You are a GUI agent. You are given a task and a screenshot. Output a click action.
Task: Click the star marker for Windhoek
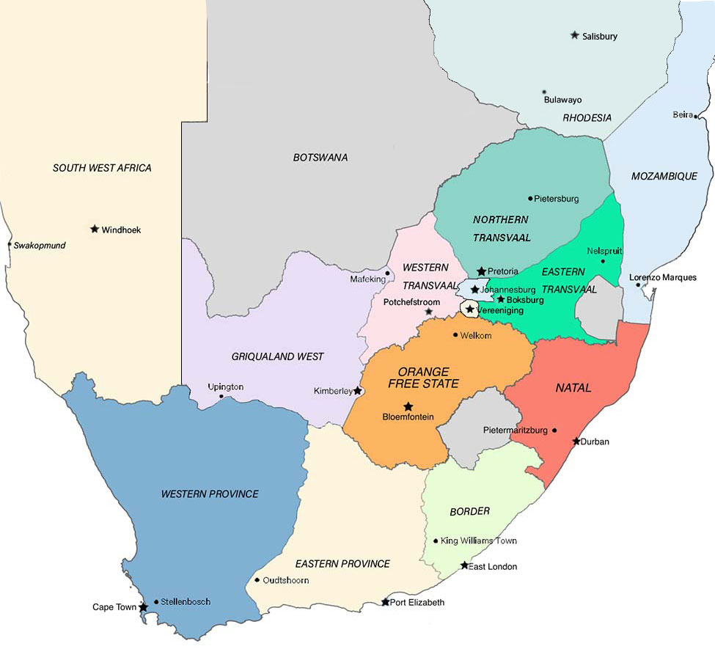pyautogui.click(x=95, y=229)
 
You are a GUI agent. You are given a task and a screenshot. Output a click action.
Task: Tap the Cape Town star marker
pyautogui.click(x=143, y=607)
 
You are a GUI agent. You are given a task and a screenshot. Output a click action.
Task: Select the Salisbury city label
pyautogui.click(x=599, y=36)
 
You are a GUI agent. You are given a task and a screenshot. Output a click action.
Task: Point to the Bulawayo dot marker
pyautogui.click(x=544, y=92)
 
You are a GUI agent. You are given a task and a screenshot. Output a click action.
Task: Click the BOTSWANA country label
pyautogui.click(x=320, y=158)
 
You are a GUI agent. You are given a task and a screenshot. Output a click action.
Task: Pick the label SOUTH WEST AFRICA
pyautogui.click(x=102, y=168)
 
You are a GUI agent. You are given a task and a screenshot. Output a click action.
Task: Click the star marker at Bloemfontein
pyautogui.click(x=408, y=406)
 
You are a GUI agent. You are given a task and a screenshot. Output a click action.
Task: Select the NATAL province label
pyautogui.click(x=573, y=387)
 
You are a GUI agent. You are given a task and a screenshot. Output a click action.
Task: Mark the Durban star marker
pyautogui.click(x=576, y=441)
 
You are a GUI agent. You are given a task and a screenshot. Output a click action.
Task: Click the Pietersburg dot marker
pyautogui.click(x=530, y=198)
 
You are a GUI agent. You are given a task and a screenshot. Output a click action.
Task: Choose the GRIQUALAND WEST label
pyautogui.click(x=277, y=356)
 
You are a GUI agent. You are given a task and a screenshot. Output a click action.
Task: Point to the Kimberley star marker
pyautogui.click(x=358, y=391)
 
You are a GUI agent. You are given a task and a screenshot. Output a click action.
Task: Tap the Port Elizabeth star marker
pyautogui.click(x=386, y=602)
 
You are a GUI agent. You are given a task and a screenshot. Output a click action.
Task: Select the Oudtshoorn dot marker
pyautogui.click(x=257, y=580)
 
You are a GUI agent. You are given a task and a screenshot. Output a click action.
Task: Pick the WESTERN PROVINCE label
pyautogui.click(x=210, y=494)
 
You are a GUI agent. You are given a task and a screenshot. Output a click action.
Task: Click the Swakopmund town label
pyautogui.click(x=39, y=245)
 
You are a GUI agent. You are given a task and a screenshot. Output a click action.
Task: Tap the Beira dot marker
pyautogui.click(x=695, y=116)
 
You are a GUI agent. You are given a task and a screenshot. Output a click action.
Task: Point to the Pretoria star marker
pyautogui.click(x=481, y=271)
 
